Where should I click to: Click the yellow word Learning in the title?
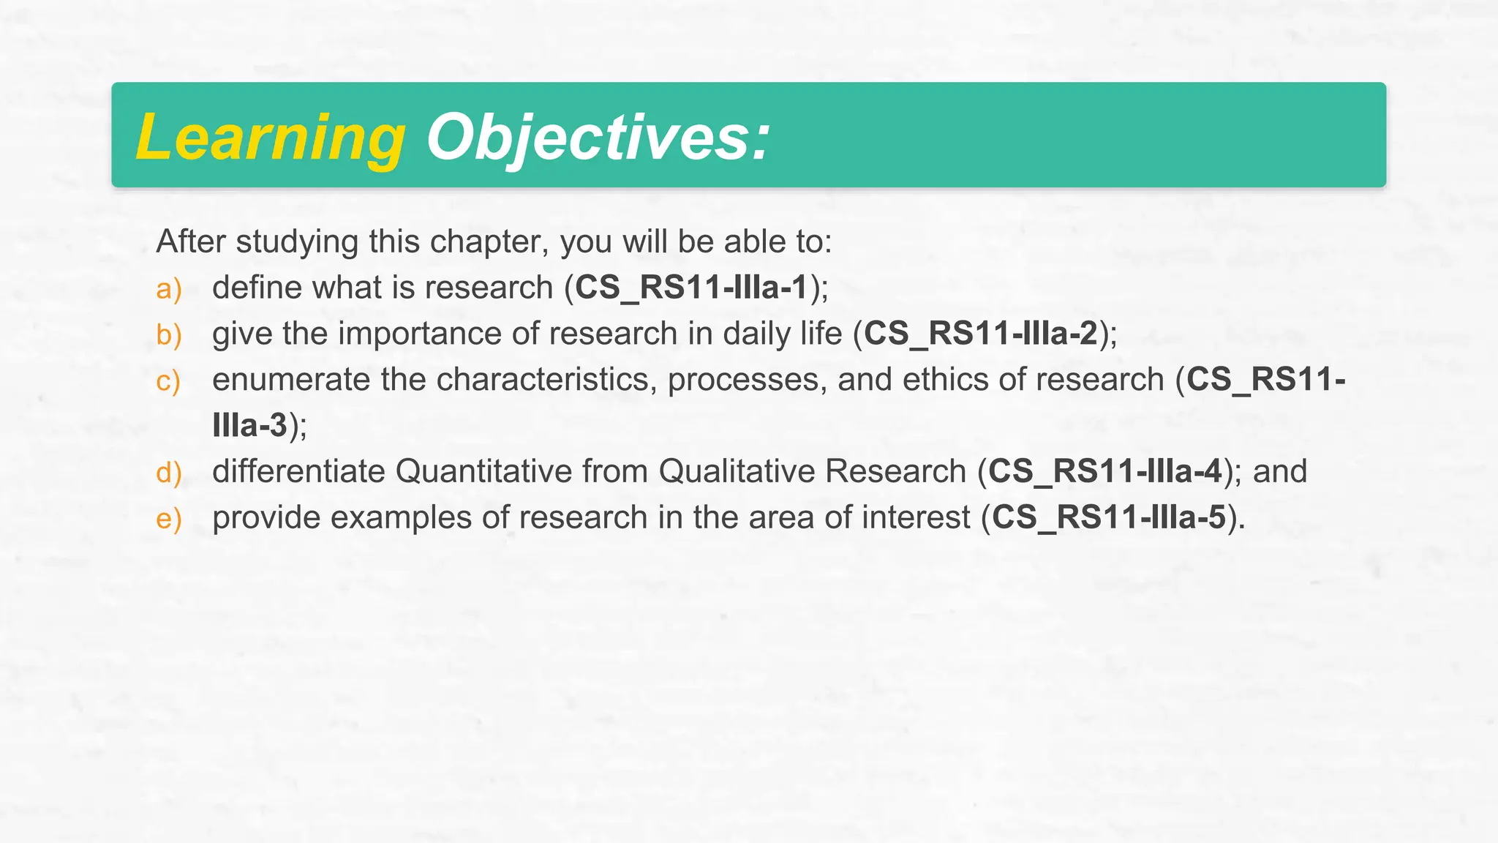pyautogui.click(x=271, y=137)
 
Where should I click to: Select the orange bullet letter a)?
pyautogui.click(x=169, y=288)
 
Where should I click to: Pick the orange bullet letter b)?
pyautogui.click(x=169, y=334)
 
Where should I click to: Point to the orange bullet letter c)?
pyautogui.click(x=168, y=381)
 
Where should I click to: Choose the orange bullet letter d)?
pyautogui.click(x=169, y=473)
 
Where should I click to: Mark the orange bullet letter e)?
pyautogui.click(x=169, y=519)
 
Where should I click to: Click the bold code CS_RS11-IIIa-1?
pyautogui.click(x=691, y=288)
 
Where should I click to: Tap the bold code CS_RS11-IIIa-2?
pyautogui.click(x=981, y=334)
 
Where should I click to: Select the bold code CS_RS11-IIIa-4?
pyautogui.click(x=1105, y=471)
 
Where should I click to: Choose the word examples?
pyautogui.click(x=400, y=517)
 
